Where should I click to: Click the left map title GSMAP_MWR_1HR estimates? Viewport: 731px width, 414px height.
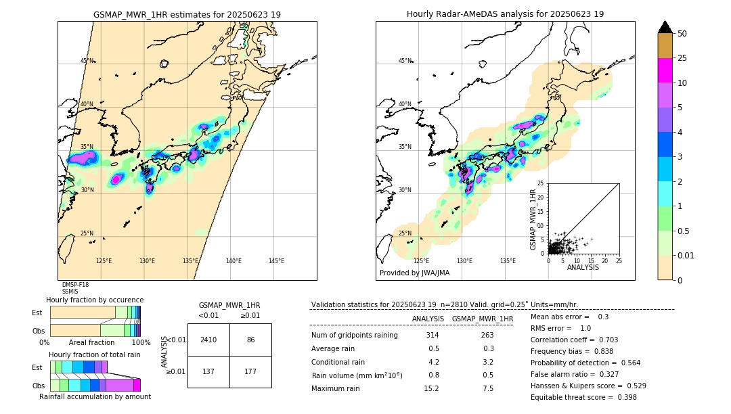[187, 14]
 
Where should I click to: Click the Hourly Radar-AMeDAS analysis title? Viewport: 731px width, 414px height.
[505, 14]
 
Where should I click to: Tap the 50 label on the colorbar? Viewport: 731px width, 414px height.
[682, 34]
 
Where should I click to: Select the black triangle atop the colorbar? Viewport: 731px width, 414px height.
[665, 27]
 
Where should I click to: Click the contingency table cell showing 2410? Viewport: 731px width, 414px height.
[208, 340]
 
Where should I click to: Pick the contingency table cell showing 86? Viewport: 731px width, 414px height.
[250, 340]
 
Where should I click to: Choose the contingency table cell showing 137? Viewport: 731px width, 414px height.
[208, 371]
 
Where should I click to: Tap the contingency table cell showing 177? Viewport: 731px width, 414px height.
[250, 371]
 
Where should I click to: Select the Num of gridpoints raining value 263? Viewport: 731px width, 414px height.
[487, 336]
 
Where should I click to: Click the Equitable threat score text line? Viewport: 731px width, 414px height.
[583, 397]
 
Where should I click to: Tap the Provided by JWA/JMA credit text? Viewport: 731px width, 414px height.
[414, 273]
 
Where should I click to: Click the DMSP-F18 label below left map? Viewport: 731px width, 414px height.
[75, 285]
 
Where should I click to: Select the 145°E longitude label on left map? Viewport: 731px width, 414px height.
[276, 261]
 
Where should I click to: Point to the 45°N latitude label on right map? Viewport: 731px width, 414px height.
[405, 61]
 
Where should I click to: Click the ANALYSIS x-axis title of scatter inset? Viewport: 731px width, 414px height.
[583, 267]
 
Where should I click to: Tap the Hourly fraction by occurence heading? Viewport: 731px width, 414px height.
[95, 300]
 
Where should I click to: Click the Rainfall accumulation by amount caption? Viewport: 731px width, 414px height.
[100, 396]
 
